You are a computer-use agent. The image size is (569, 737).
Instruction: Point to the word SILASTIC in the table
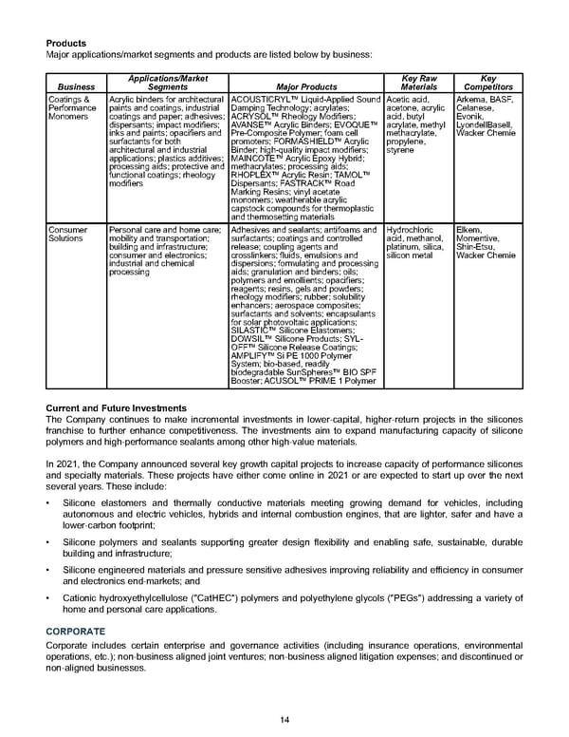[252, 353]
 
